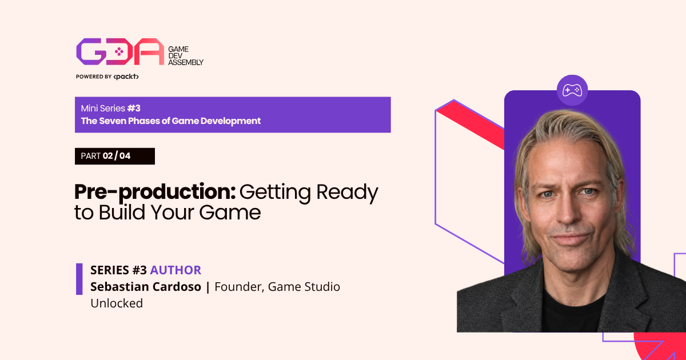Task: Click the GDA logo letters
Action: (120, 51)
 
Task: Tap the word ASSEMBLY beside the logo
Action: (186, 62)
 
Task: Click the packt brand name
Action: (126, 77)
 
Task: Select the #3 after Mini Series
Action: (134, 108)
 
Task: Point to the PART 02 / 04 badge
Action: (115, 156)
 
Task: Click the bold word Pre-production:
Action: (155, 193)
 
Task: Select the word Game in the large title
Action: (230, 213)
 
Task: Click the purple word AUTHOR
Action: (176, 270)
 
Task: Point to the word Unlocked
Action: (117, 303)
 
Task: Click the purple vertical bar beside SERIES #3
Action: (79, 279)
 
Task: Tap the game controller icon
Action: (572, 90)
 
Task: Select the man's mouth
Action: (571, 238)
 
